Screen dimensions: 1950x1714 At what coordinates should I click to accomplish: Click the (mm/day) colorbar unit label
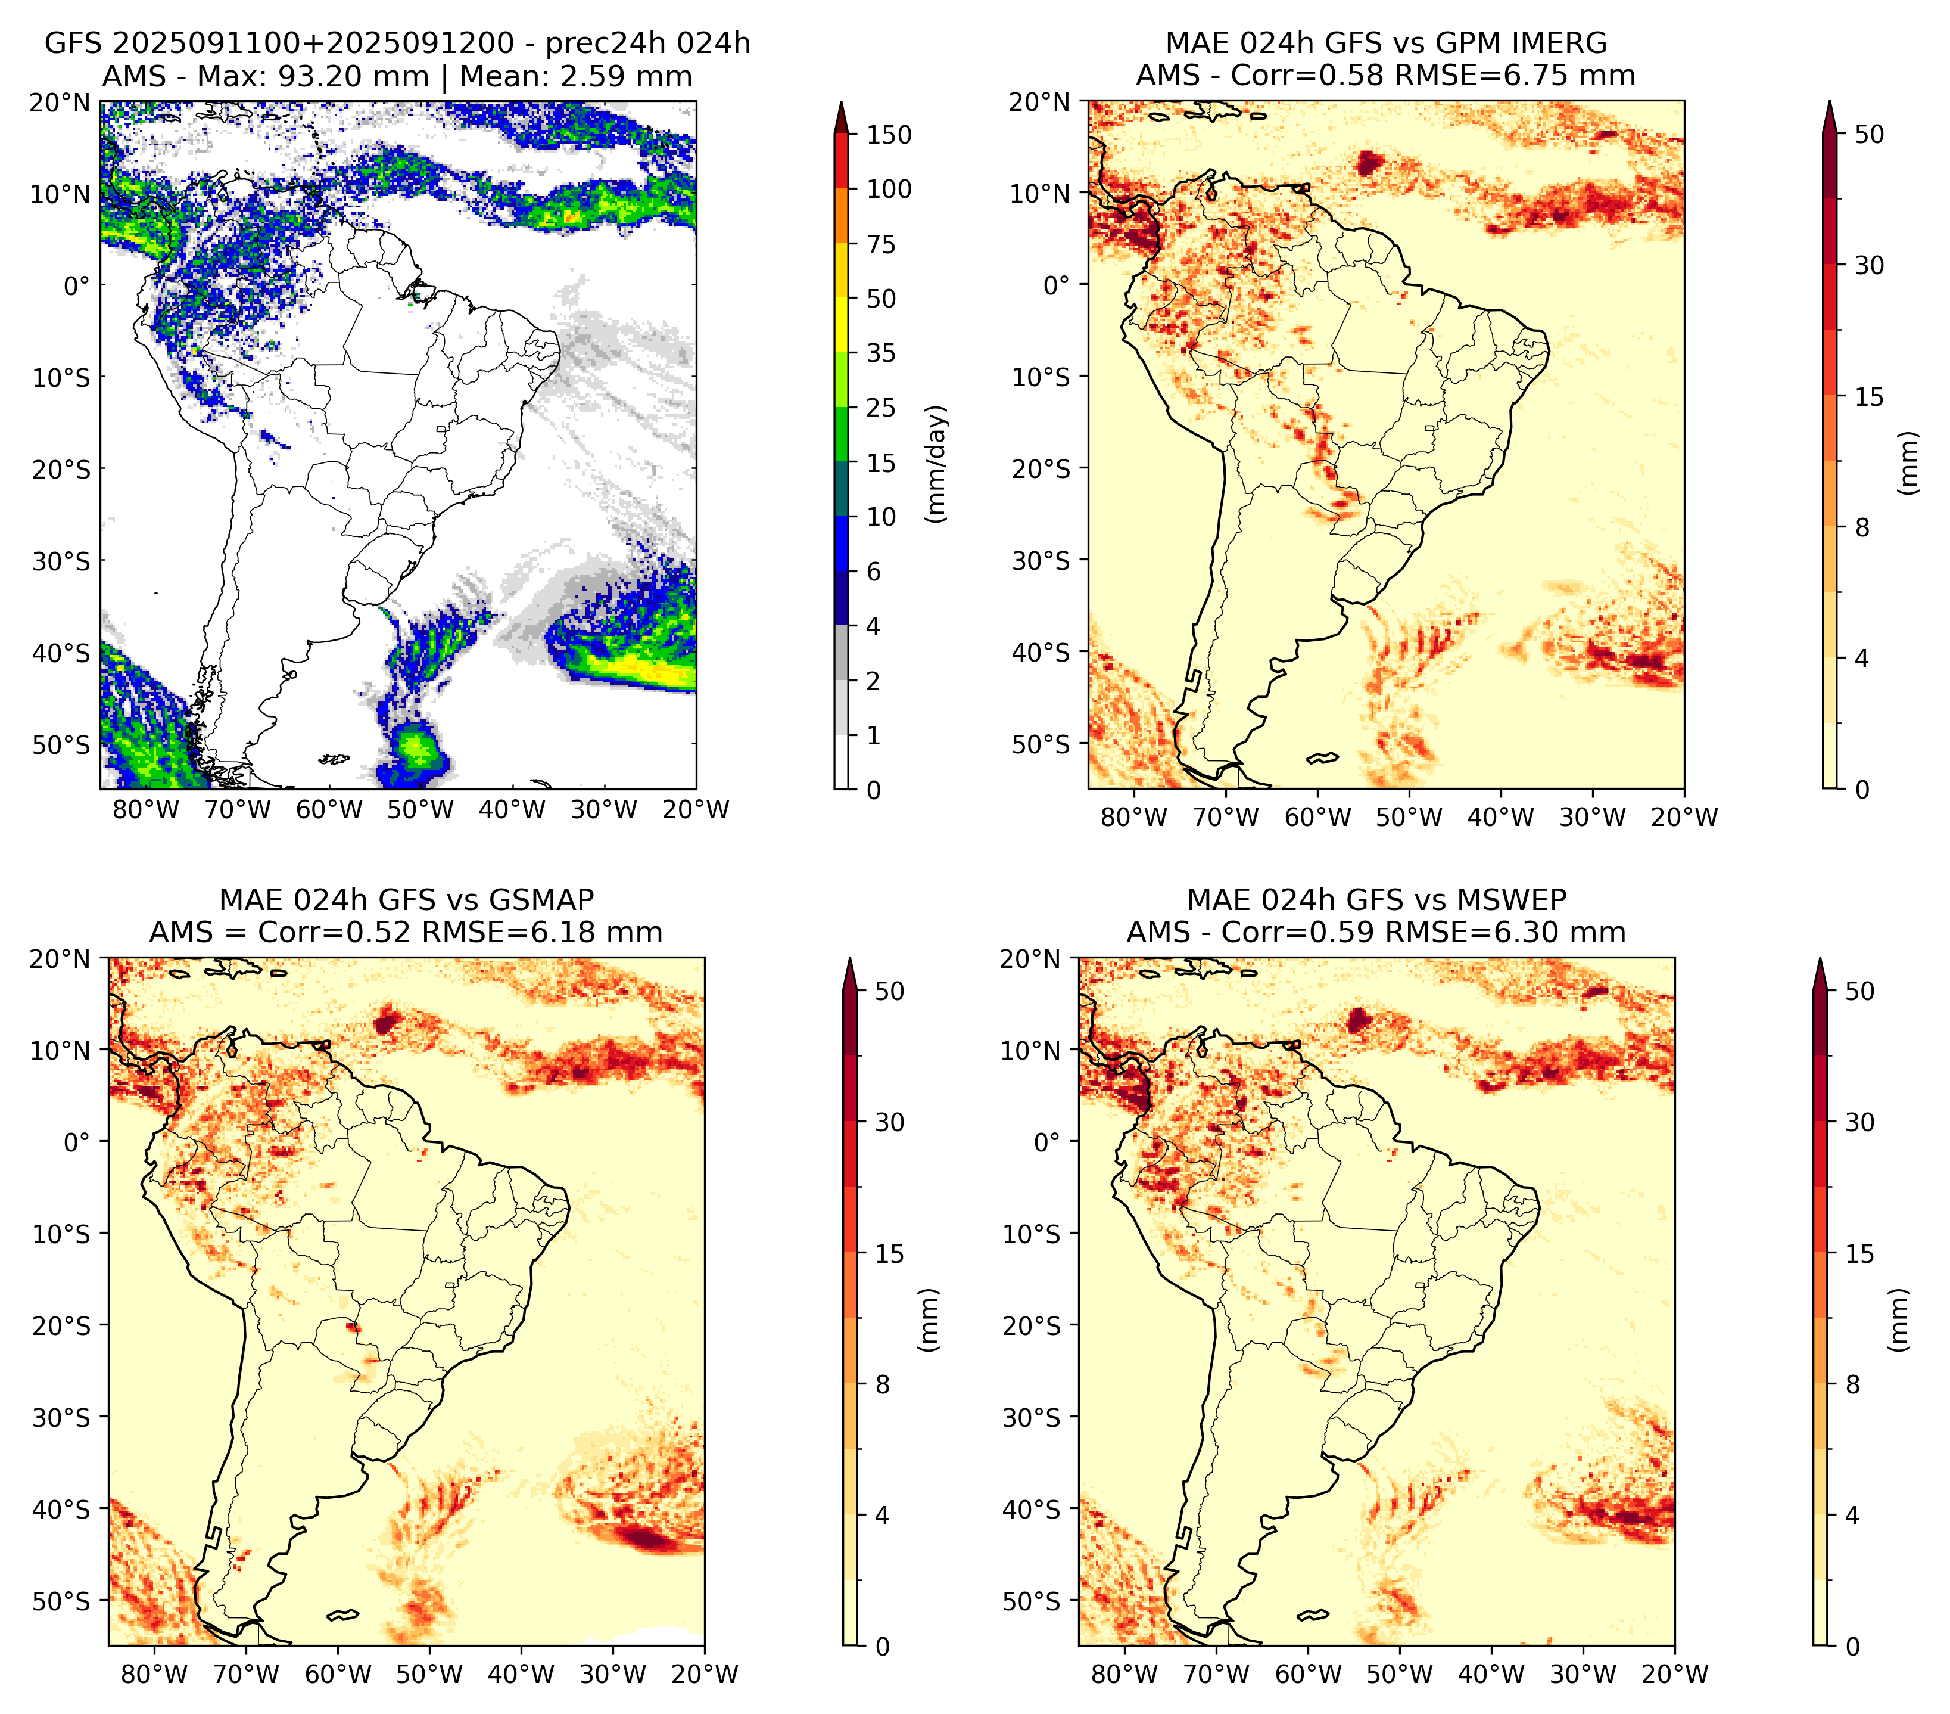[x=938, y=464]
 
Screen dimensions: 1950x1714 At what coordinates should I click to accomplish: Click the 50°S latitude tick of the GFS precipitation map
[x=61, y=744]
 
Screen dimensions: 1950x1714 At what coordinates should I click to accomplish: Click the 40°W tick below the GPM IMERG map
[x=1501, y=817]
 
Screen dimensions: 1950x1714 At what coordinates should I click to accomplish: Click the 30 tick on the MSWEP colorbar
[x=1860, y=1122]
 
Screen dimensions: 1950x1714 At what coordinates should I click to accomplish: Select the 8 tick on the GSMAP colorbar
[x=883, y=1385]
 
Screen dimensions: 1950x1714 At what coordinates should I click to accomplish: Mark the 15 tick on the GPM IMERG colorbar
[x=1870, y=397]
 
